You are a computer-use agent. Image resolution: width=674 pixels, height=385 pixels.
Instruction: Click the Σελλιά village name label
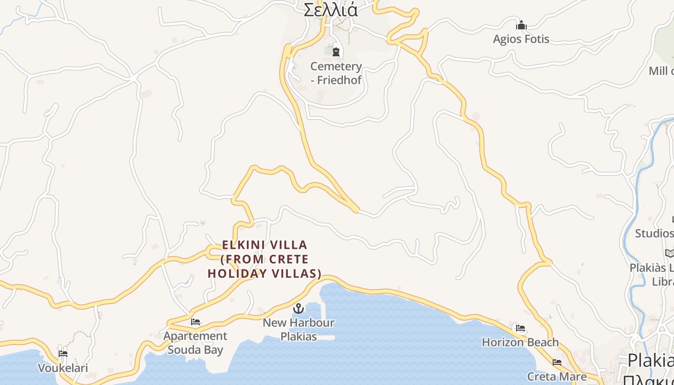click(331, 10)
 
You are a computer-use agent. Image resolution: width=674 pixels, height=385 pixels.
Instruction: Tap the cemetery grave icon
click(336, 51)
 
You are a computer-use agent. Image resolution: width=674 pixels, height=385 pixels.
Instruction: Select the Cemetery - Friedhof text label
click(336, 73)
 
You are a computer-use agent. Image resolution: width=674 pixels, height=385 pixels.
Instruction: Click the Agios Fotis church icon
click(521, 25)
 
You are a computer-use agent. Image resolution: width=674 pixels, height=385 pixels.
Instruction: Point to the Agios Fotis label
click(521, 39)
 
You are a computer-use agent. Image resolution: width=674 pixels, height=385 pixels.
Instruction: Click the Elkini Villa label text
click(264, 259)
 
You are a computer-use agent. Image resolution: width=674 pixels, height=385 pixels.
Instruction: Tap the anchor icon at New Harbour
click(298, 308)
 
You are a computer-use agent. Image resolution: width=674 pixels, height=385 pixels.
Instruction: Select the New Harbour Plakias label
click(298, 329)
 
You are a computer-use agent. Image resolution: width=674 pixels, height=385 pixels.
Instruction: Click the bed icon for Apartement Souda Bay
click(195, 322)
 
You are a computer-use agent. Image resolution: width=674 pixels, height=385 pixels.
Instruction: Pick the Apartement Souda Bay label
click(195, 343)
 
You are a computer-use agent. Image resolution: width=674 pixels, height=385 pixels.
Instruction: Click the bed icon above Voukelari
click(63, 354)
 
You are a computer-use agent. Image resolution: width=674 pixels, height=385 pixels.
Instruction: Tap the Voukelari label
click(63, 368)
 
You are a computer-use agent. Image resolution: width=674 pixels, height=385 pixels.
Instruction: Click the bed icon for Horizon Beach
click(520, 328)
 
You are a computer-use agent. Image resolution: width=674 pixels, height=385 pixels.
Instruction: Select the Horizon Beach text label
click(520, 342)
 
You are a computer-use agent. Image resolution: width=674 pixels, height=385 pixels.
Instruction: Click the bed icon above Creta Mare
click(557, 362)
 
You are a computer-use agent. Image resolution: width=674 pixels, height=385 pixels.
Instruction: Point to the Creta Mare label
click(557, 376)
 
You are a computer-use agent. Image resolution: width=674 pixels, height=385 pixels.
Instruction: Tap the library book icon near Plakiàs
click(669, 253)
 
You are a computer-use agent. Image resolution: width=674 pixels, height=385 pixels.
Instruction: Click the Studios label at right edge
click(654, 233)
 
